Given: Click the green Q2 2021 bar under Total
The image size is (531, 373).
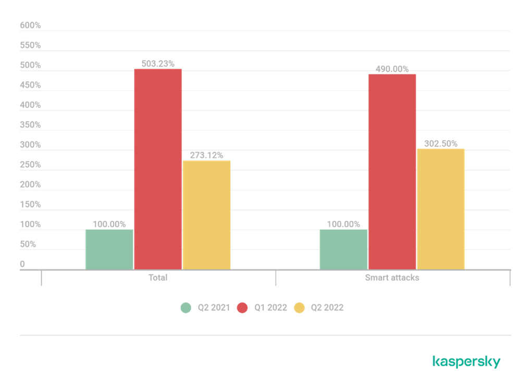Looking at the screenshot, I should pyautogui.click(x=109, y=249).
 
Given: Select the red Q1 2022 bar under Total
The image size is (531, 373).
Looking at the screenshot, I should pyautogui.click(x=158, y=169).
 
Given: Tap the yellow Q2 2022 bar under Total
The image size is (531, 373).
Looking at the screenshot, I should pyautogui.click(x=206, y=214).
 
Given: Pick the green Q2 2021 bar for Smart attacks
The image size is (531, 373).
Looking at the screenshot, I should pyautogui.click(x=343, y=249).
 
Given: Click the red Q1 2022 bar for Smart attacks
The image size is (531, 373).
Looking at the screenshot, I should pyautogui.click(x=392, y=171).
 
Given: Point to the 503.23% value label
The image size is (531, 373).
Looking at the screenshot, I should pyautogui.click(x=158, y=64).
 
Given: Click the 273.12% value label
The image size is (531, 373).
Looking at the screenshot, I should pyautogui.click(x=206, y=155).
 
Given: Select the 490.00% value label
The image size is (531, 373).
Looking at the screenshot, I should pyautogui.click(x=392, y=69).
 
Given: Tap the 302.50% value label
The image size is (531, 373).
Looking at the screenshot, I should pyautogui.click(x=440, y=143).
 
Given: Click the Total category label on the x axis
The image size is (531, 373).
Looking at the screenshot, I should pyautogui.click(x=158, y=278).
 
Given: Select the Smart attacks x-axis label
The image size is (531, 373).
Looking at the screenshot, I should pyautogui.click(x=392, y=278).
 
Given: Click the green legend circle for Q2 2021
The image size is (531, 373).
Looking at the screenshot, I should pyautogui.click(x=186, y=308).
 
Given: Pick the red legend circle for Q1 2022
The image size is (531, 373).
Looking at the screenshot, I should pyautogui.click(x=242, y=308).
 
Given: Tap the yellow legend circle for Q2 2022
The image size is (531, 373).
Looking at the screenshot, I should pyautogui.click(x=299, y=308).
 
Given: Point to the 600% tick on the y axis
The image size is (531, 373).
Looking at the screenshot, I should pyautogui.click(x=30, y=25).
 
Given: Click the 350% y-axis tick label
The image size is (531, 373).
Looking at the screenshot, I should pyautogui.click(x=30, y=125).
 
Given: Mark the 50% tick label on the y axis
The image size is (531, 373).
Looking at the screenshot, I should pyautogui.click(x=28, y=244).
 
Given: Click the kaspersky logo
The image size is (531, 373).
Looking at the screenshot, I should pyautogui.click(x=466, y=362).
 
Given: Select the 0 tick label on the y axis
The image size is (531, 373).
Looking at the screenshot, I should pyautogui.click(x=22, y=264).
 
